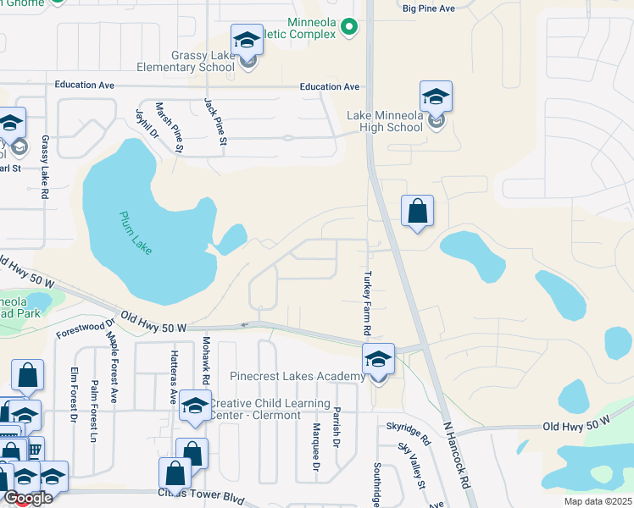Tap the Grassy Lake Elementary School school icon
247,41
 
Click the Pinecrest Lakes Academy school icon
378,360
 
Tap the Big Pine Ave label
429,8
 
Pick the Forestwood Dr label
86,329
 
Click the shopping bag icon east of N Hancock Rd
417,212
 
